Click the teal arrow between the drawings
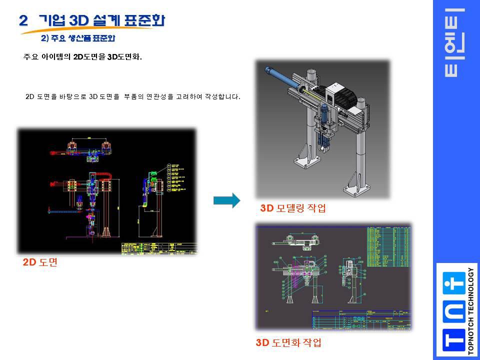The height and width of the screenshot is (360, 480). coord(226,200)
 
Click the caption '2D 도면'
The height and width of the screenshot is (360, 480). coord(40,262)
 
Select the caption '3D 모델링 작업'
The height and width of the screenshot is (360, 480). coord(293,208)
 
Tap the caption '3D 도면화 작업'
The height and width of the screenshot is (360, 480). coord(288,342)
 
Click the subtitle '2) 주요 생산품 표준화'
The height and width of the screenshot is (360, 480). coord(81,38)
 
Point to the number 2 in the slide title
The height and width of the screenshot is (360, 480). coord(23,20)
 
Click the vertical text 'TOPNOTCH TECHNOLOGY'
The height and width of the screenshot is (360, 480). coord(470,310)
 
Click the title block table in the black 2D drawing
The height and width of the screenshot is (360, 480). coord(158,248)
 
